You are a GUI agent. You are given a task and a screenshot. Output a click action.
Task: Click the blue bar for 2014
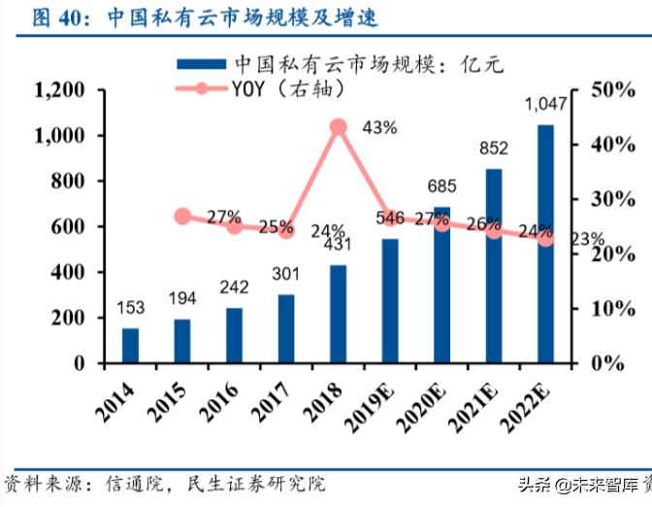point(130,346)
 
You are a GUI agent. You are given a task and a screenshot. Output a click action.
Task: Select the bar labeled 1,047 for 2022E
point(546,243)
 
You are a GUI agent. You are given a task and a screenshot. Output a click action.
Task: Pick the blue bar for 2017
point(286,328)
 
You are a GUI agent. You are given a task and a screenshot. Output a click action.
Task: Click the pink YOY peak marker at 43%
point(339,126)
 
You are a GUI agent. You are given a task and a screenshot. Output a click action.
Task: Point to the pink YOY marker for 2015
point(182,216)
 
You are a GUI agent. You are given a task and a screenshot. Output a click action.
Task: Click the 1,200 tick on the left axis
point(60,90)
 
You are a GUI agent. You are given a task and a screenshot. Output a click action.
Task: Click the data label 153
point(131,308)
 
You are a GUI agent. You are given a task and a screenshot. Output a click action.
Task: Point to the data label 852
point(494,149)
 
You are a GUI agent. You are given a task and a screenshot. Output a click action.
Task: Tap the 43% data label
point(379,127)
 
